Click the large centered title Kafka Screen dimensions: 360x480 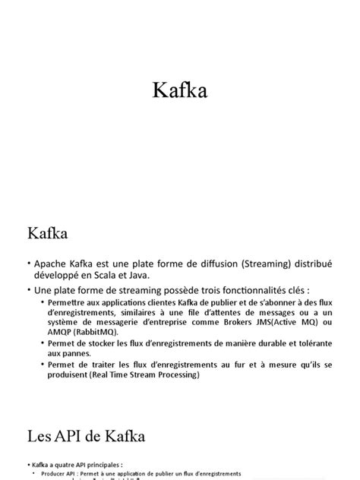coord(180,90)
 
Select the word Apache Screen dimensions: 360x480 coord(54,263)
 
